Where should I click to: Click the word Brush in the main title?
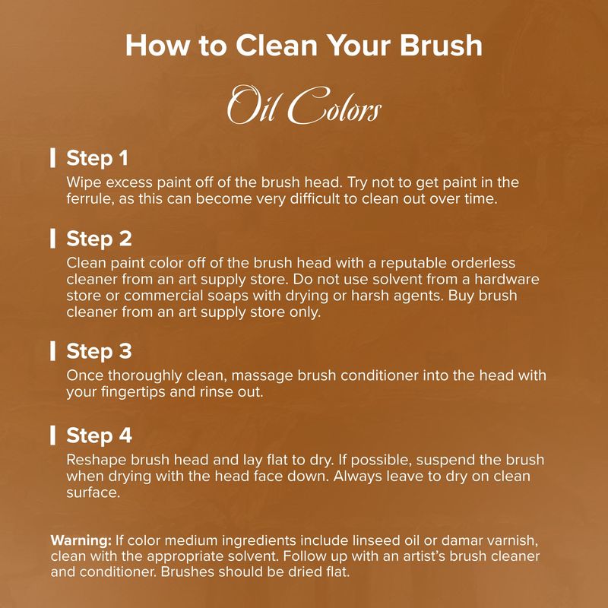[x=441, y=46]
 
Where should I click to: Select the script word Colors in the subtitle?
[x=334, y=106]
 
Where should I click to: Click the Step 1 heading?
[x=97, y=158]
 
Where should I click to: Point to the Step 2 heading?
[x=99, y=239]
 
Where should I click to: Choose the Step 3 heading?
[x=99, y=351]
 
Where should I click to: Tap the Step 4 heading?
[x=99, y=435]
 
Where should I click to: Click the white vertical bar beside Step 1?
[x=52, y=158]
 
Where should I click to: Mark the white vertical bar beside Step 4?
[x=52, y=435]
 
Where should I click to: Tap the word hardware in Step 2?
[x=506, y=279]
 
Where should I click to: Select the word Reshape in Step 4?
[x=97, y=460]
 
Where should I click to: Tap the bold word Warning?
[x=81, y=540]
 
